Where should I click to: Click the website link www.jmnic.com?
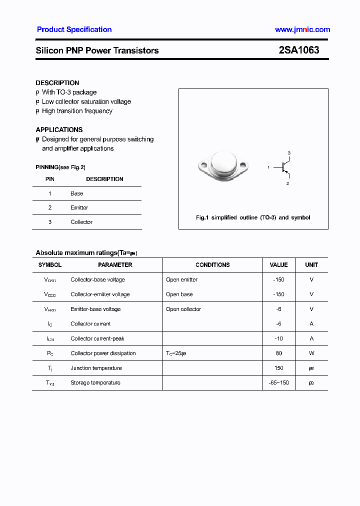(x=302, y=29)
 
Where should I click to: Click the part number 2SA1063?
(x=299, y=50)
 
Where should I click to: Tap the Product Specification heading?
(x=74, y=29)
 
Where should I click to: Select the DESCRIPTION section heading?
(x=57, y=83)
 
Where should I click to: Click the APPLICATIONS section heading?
(x=59, y=129)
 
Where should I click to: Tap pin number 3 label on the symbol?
(x=288, y=152)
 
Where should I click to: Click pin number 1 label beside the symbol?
(x=268, y=167)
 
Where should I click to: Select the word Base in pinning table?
(x=77, y=193)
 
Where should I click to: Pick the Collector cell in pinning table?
(x=81, y=222)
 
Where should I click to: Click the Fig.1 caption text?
(x=253, y=217)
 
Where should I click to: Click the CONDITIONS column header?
(x=212, y=265)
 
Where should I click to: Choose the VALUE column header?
(x=278, y=265)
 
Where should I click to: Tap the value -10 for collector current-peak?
(x=278, y=338)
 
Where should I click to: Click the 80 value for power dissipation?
(x=278, y=353)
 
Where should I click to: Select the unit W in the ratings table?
(x=311, y=353)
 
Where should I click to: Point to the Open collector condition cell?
(x=183, y=309)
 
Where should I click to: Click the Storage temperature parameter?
(x=95, y=382)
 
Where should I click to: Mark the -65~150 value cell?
(x=278, y=382)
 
